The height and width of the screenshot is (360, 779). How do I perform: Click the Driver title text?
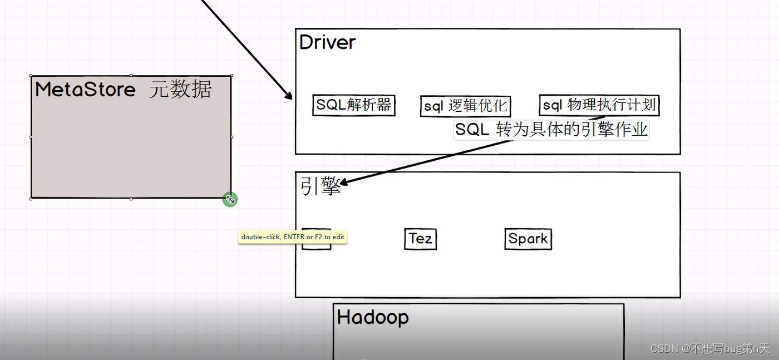click(327, 42)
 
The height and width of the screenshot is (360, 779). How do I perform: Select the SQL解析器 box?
click(354, 105)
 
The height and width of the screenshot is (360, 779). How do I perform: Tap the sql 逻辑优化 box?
click(465, 106)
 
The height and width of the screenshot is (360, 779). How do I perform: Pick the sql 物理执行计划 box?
click(599, 105)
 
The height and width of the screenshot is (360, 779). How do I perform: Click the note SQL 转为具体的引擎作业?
click(551, 130)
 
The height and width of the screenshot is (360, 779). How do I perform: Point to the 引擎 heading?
click(320, 186)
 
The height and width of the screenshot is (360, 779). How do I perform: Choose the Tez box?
click(420, 239)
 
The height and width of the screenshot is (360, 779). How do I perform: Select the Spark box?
click(528, 239)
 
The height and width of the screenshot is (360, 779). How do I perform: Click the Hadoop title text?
click(373, 317)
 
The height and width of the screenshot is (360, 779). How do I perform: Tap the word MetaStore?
click(85, 90)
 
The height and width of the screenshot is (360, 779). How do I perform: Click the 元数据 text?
click(180, 89)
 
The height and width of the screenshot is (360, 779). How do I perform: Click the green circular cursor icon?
click(230, 199)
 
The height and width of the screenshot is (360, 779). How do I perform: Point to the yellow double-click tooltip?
click(293, 237)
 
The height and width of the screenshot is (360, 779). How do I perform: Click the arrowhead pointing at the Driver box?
click(288, 95)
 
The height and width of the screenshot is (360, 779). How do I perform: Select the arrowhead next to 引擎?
click(343, 182)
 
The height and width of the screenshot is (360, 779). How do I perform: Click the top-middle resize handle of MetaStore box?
click(131, 75)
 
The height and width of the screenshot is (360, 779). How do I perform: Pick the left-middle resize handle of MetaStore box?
click(31, 137)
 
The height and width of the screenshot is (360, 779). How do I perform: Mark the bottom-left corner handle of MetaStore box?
click(31, 199)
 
